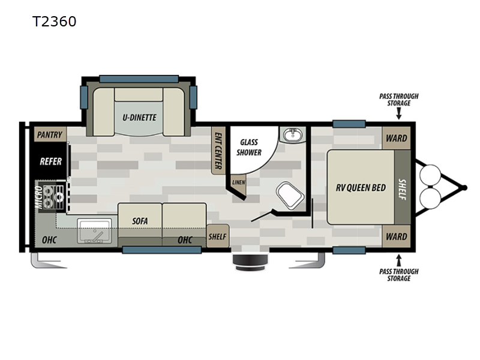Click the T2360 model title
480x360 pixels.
[x=54, y=22]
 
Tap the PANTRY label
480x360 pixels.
[x=50, y=134]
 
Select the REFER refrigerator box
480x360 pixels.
[x=50, y=161]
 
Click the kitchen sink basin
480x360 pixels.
[x=95, y=231]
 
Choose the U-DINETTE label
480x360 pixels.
[x=139, y=117]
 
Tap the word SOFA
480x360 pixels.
[x=140, y=221]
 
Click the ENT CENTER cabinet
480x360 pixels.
[x=218, y=151]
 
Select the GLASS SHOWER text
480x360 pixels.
[x=249, y=147]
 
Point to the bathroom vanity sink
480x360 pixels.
[x=293, y=134]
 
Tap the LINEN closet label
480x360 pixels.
[x=238, y=182]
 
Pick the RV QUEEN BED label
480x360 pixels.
[x=361, y=187]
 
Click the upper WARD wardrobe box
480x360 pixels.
[x=396, y=138]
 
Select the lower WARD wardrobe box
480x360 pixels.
[x=396, y=236]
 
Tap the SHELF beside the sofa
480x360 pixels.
[x=218, y=236]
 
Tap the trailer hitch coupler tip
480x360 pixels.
[x=464, y=188]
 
